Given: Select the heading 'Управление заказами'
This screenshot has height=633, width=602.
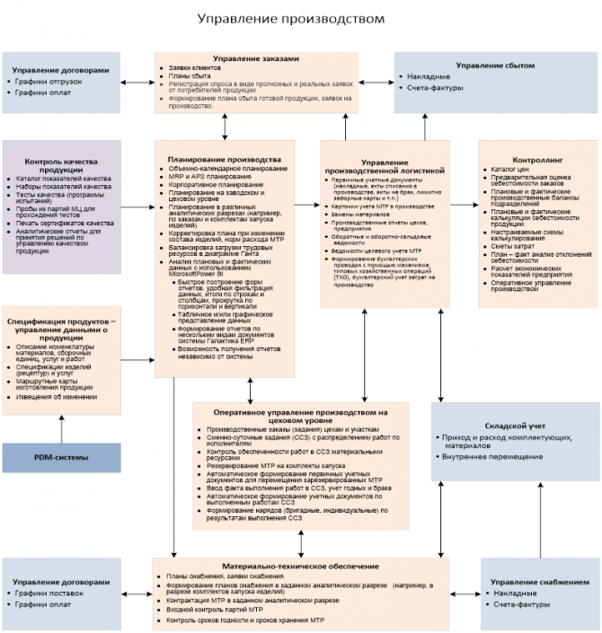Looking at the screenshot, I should (256, 58).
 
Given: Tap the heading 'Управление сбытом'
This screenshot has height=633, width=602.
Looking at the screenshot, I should (494, 65).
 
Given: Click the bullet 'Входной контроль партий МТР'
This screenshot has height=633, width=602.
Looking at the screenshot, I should (213, 610).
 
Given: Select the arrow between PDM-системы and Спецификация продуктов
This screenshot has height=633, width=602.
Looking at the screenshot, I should (61, 429).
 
